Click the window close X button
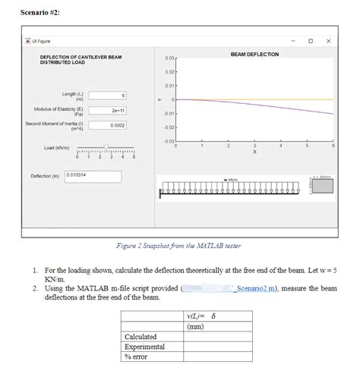(x=327, y=40)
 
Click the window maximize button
(x=310, y=40)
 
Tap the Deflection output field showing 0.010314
(x=93, y=175)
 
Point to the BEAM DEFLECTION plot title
(x=254, y=55)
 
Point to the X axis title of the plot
(x=254, y=152)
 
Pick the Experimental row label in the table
(x=144, y=346)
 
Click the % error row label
(x=137, y=357)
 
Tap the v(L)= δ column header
(x=201, y=316)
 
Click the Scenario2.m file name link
(x=260, y=289)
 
